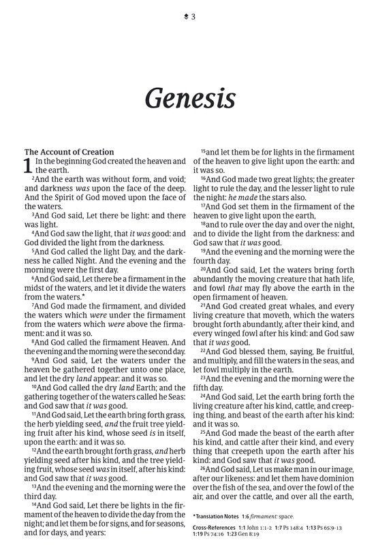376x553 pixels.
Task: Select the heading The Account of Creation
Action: (x=69, y=151)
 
